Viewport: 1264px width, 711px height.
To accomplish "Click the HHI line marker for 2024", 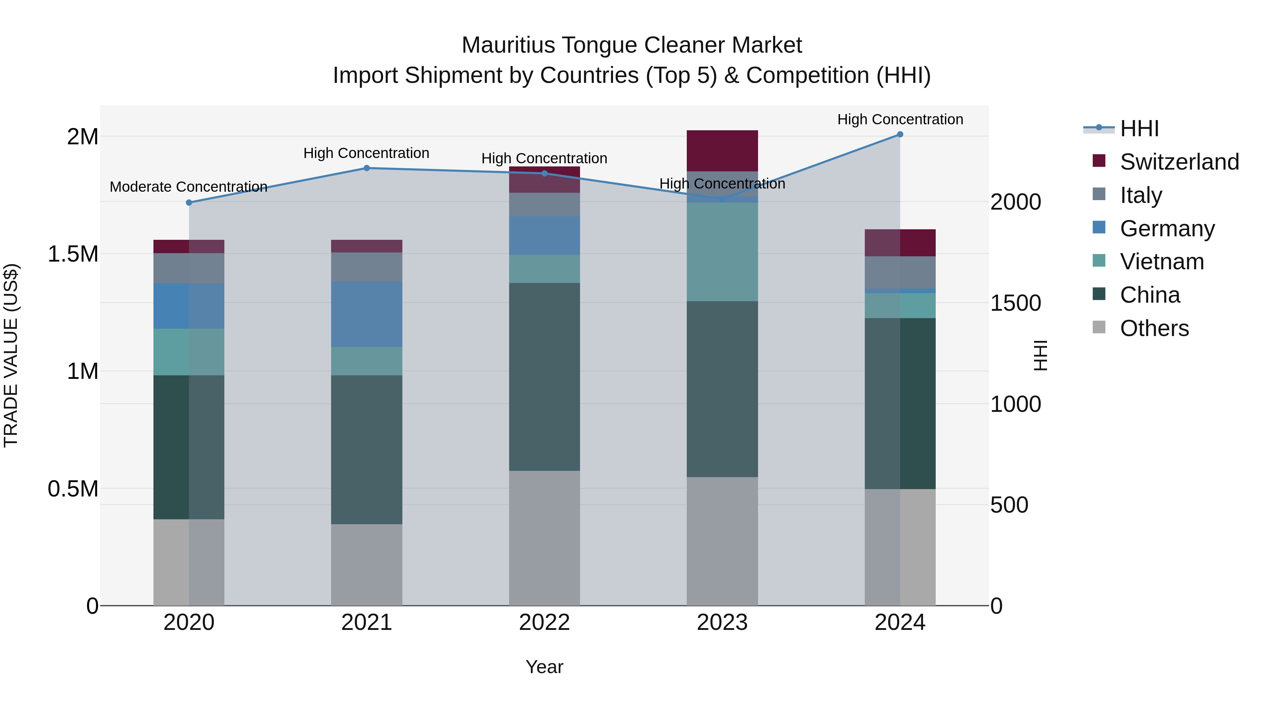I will (x=900, y=134).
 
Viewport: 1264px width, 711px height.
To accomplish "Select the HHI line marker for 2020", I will (x=189, y=203).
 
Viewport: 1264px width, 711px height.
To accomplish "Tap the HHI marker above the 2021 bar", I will (x=367, y=168).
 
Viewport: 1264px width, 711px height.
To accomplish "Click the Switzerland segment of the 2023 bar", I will (x=722, y=151).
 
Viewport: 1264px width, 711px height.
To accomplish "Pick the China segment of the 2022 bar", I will (x=544, y=377).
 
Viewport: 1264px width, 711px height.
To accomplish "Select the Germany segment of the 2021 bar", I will (x=367, y=314).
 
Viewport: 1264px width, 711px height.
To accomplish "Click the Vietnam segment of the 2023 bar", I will (x=722, y=252).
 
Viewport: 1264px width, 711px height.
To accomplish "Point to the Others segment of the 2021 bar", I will (x=367, y=564).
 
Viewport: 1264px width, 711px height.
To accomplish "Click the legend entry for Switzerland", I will (x=1179, y=162).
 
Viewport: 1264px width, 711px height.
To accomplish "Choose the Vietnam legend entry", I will (x=1161, y=262).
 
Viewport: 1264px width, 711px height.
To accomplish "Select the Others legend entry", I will (x=1154, y=328).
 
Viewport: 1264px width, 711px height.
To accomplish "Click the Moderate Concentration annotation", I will (x=189, y=187).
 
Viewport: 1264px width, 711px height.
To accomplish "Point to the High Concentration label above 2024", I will (x=900, y=120).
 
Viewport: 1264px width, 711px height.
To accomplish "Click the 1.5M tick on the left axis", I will (x=73, y=254).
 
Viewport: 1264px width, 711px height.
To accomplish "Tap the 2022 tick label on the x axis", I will (x=544, y=623).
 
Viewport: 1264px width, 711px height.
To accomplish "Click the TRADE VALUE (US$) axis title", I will (x=11, y=356).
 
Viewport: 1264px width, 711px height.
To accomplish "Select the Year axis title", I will (x=544, y=667).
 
